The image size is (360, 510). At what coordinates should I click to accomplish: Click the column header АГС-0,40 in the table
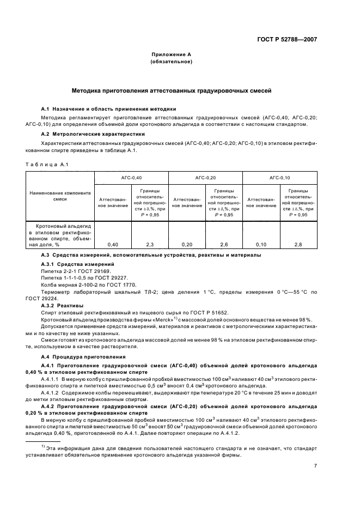pyautogui.click(x=131, y=178)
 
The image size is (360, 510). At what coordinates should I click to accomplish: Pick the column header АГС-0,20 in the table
pyautogui.click(x=205, y=178)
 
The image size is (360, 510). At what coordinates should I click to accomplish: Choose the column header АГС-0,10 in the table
pyautogui.click(x=279, y=178)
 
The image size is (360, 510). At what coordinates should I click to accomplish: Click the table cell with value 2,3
pyautogui.click(x=150, y=245)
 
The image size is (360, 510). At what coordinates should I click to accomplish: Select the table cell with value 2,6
pyautogui.click(x=224, y=245)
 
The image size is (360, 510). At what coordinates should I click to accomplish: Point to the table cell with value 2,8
pyautogui.click(x=298, y=245)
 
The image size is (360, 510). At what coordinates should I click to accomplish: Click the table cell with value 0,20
pyautogui.click(x=187, y=245)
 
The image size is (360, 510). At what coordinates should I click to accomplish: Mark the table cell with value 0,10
pyautogui.click(x=261, y=245)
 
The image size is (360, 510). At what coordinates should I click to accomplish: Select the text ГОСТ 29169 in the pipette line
pyautogui.click(x=90, y=271)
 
